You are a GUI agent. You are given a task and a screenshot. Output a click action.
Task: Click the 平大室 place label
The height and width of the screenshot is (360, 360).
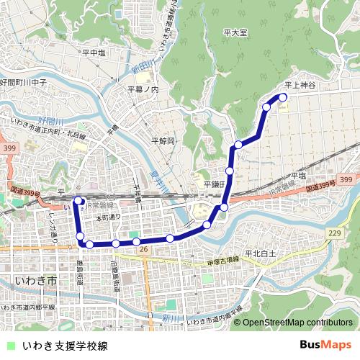[235, 33]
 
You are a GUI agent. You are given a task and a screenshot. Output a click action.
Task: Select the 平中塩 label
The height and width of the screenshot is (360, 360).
[94, 53]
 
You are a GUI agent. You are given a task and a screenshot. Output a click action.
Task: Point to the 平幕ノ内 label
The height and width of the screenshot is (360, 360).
[143, 89]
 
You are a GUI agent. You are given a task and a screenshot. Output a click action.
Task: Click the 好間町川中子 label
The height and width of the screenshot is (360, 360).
[24, 84]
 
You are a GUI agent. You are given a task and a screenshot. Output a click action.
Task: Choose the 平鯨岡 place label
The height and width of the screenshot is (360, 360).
[163, 141]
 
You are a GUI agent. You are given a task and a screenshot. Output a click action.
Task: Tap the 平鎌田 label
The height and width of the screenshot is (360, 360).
[214, 184]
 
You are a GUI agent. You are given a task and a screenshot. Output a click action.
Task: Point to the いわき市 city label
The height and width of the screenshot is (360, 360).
[35, 279]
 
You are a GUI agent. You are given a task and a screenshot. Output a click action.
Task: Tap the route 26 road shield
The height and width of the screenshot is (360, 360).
[144, 249]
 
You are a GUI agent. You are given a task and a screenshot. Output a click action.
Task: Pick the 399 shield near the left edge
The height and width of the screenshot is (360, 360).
[9, 148]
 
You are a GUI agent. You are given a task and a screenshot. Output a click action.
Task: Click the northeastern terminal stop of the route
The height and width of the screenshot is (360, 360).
[283, 96]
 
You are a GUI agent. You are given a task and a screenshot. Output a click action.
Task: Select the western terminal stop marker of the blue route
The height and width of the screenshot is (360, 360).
[78, 202]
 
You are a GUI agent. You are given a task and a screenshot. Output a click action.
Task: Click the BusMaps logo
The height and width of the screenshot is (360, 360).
[325, 346]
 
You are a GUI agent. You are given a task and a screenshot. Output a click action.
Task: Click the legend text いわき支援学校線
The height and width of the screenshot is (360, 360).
[65, 346]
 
